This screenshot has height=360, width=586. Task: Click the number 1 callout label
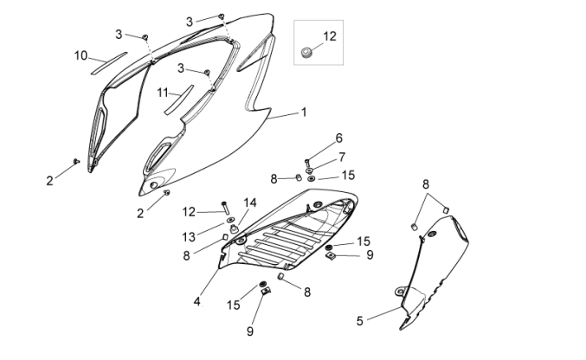pyautogui.click(x=304, y=112)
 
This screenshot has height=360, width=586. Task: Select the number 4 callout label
pyautogui.click(x=197, y=301)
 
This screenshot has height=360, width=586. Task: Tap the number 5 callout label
pyautogui.click(x=359, y=321)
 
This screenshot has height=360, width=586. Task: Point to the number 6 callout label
pyautogui.click(x=339, y=138)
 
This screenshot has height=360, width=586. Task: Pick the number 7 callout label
pyautogui.click(x=342, y=157)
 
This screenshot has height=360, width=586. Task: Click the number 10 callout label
pyautogui.click(x=80, y=55)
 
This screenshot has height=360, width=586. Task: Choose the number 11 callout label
pyautogui.click(x=163, y=92)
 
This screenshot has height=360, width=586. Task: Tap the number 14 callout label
pyautogui.click(x=249, y=202)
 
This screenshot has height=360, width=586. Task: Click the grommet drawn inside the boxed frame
pyautogui.click(x=305, y=55)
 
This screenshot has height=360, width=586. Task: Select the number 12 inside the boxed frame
pyautogui.click(x=329, y=36)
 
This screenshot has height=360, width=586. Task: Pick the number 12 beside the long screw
pyautogui.click(x=190, y=211)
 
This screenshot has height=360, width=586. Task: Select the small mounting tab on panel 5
pyautogui.click(x=401, y=291)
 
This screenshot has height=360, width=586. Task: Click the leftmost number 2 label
pyautogui.click(x=49, y=180)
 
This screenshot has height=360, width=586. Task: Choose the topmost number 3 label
pyautogui.click(x=190, y=21)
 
